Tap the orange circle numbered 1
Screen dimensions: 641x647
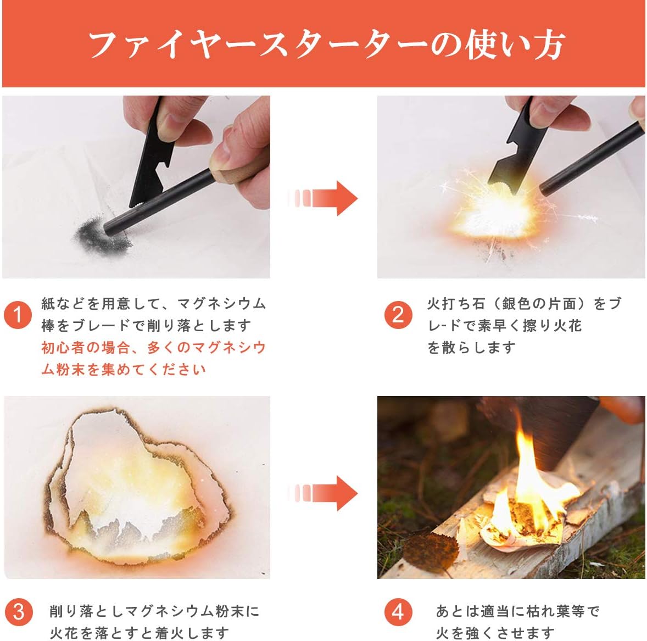(18, 315)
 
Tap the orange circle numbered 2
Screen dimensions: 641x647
(398, 315)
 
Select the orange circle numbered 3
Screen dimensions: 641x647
(18, 611)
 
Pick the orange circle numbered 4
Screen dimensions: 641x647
(398, 611)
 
